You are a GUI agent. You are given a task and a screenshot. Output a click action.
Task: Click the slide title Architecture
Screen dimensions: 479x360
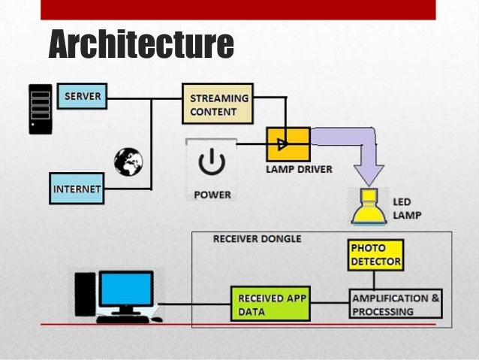141,44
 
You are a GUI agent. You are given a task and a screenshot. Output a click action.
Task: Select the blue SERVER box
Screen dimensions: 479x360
82,97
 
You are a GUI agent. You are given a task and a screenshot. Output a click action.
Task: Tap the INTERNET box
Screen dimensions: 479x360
76,189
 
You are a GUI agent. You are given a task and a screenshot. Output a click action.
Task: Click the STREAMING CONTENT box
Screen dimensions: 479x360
218,105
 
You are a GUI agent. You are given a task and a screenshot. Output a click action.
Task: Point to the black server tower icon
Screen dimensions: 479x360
41,109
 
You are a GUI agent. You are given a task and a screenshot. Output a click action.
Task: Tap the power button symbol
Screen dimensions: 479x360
212,162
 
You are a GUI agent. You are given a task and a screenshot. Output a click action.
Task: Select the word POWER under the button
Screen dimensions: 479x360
212,195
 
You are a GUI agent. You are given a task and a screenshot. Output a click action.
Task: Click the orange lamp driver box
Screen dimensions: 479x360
288,143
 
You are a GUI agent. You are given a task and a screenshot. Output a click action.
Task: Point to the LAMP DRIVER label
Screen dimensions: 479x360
298,169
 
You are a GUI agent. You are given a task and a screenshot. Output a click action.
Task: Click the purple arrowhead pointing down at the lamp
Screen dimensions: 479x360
368,174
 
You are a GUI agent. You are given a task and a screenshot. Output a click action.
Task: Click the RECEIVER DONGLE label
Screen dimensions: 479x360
257,238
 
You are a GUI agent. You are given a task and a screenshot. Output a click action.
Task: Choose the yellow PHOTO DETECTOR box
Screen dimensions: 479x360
375,255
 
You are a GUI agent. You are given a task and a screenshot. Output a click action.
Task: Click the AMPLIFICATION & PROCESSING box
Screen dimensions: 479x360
396,304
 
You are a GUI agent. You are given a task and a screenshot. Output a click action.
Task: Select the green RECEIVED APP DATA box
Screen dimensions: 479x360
270,304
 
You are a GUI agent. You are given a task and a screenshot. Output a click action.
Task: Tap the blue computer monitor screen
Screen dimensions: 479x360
125,289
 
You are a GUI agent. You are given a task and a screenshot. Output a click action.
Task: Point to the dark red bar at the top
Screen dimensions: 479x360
238,9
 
